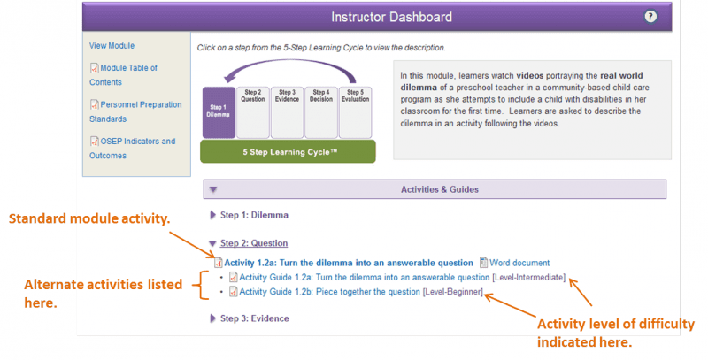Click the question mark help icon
(650, 17)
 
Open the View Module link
(112, 46)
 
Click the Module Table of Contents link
(123, 75)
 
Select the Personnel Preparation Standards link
(135, 111)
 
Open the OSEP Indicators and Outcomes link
(132, 148)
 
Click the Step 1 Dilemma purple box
(219, 112)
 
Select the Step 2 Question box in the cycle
(253, 112)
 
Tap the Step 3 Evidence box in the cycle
(287, 112)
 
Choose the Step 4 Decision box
(321, 112)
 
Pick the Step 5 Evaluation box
(356, 112)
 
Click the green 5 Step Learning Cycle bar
(288, 151)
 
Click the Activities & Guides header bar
(435, 189)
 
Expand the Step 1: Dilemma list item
(254, 215)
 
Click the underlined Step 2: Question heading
(254, 243)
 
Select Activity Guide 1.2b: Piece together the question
(329, 291)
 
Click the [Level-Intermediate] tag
(528, 277)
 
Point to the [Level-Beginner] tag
(453, 291)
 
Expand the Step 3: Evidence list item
(254, 318)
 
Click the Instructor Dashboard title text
(391, 17)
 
